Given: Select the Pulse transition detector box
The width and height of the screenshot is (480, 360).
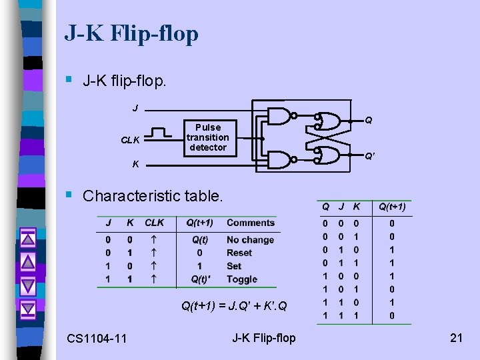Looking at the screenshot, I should [207, 137].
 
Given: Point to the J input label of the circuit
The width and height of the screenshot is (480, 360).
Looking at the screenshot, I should [135, 108].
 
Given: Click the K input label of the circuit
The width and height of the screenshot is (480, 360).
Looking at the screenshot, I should [135, 164].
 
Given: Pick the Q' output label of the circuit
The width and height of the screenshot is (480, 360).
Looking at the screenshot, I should [369, 157].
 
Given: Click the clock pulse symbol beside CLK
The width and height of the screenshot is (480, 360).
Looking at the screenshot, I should [159, 133].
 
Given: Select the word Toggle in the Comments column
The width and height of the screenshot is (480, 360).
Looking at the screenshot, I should [241, 279].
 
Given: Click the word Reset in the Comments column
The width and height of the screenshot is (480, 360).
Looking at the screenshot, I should [239, 253].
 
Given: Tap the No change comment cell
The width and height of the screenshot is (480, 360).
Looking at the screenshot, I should [250, 240].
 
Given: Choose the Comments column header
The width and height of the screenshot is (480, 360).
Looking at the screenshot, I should [251, 223].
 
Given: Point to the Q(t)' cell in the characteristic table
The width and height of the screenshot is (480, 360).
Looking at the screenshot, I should [200, 279].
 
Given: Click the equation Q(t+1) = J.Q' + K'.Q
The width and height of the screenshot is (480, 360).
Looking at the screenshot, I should [234, 307].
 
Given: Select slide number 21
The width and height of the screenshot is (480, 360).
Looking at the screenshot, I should [456, 338].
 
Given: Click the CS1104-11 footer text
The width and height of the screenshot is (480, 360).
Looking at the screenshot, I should [97, 339].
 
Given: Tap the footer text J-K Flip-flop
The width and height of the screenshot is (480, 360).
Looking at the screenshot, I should [263, 338].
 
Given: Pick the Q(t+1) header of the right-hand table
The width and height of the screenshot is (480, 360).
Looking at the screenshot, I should [392, 207].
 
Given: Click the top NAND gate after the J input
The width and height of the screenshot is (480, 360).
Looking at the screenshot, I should [281, 117].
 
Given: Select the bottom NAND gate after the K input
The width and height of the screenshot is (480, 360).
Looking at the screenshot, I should [281, 159].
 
